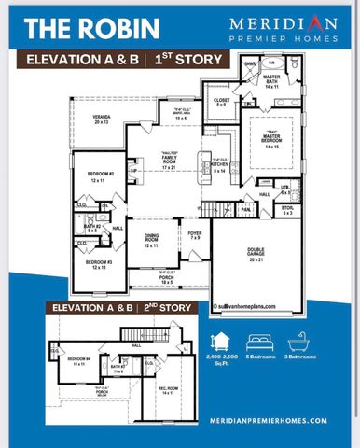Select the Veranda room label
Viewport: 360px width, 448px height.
[101, 119]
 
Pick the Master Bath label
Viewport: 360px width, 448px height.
[272, 81]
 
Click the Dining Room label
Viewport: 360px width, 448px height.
[151, 241]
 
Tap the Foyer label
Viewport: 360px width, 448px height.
[194, 235]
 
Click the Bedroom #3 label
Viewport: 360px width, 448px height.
[100, 265]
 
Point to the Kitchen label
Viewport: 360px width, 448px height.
[219, 169]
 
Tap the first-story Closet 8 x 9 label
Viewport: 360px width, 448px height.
[221, 102]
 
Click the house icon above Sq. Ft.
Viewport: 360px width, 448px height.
[223, 341]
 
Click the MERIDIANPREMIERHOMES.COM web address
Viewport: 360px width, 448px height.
[265, 420]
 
